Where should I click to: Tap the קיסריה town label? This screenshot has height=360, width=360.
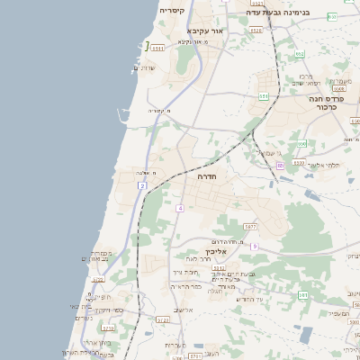[172, 10]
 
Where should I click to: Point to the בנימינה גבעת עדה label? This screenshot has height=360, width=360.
[279, 13]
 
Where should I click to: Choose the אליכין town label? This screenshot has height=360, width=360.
[202, 253]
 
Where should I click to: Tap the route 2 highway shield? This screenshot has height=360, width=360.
[142, 185]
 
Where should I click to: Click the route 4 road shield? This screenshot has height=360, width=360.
[180, 208]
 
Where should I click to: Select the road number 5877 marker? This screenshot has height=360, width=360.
[250, 226]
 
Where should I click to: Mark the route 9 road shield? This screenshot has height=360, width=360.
[255, 246]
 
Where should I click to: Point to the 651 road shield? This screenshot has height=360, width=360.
[264, 94]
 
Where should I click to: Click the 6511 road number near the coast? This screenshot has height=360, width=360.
[159, 48]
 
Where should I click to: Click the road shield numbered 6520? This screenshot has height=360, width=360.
[256, 30]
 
